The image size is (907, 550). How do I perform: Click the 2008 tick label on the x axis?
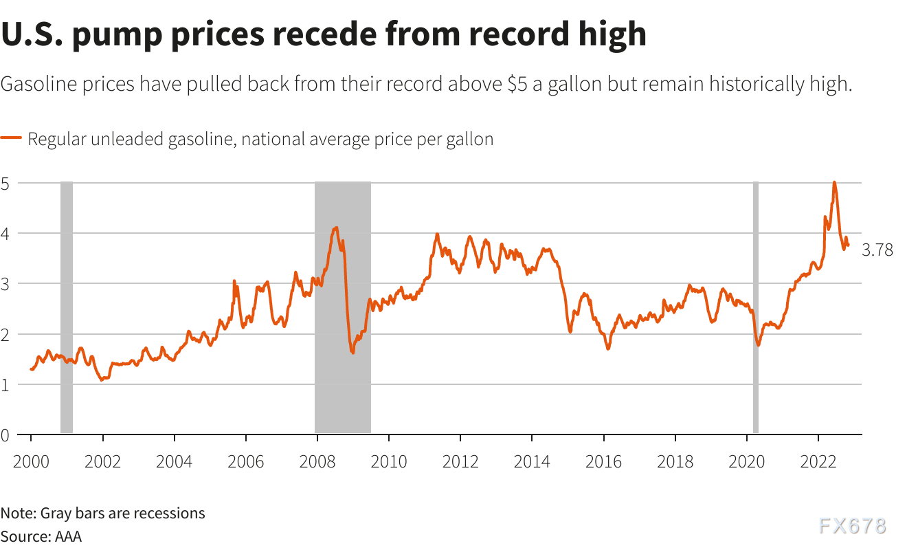[317, 461]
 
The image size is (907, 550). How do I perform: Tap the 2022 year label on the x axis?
[818, 461]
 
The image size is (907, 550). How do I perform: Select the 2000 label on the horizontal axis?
[31, 461]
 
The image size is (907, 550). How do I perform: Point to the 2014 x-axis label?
[532, 461]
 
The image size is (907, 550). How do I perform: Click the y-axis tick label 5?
[5, 184]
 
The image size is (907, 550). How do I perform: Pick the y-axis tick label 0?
[5, 434]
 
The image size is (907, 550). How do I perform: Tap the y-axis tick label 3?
[5, 284]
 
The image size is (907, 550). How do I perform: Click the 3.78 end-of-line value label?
[877, 251]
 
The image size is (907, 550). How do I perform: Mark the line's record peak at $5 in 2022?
[834, 183]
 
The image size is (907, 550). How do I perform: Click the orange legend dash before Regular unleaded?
[12, 139]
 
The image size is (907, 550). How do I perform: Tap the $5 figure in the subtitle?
[517, 85]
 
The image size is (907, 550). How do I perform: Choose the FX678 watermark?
[852, 527]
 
